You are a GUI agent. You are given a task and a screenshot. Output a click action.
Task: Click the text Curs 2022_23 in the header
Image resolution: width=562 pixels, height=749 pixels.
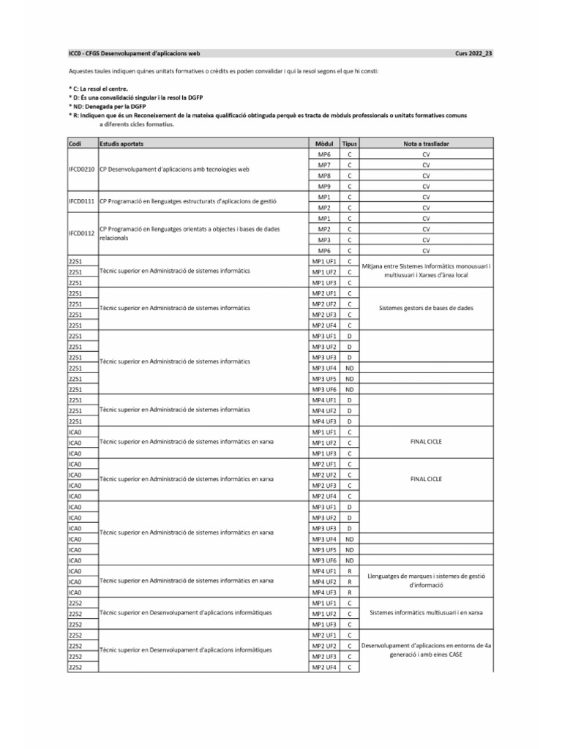pyautogui.click(x=474, y=53)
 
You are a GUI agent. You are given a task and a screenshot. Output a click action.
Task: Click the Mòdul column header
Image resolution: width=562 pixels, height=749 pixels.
pyautogui.click(x=323, y=145)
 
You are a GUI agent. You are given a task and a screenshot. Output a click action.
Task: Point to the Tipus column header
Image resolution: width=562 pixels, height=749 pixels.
pyautogui.click(x=350, y=145)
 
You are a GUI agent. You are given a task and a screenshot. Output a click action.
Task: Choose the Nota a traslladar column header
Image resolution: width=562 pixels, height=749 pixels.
pyautogui.click(x=427, y=145)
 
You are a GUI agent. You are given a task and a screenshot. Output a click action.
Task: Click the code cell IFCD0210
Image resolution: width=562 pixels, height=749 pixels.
pyautogui.click(x=81, y=171)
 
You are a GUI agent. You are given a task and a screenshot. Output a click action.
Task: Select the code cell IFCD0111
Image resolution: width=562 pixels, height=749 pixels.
pyautogui.click(x=81, y=203)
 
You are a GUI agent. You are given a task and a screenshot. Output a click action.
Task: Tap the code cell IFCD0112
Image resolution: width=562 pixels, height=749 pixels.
pyautogui.click(x=81, y=234)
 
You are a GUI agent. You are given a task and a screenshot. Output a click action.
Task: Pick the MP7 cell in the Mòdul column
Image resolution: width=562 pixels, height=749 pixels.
pyautogui.click(x=323, y=166)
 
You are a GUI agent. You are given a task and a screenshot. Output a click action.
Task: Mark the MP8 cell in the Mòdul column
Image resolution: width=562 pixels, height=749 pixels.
pyautogui.click(x=323, y=176)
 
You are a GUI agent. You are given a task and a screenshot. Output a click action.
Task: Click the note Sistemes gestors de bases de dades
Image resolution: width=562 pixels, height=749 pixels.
pyautogui.click(x=427, y=309)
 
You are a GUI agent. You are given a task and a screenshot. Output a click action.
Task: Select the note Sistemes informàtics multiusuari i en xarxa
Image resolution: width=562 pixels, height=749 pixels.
pyautogui.click(x=427, y=613)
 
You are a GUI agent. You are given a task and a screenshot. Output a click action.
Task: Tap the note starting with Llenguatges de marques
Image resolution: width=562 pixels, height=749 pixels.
pyautogui.click(x=427, y=581)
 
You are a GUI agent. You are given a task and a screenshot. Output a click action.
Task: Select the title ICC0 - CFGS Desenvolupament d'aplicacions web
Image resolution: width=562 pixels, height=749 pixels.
pyautogui.click(x=134, y=53)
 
